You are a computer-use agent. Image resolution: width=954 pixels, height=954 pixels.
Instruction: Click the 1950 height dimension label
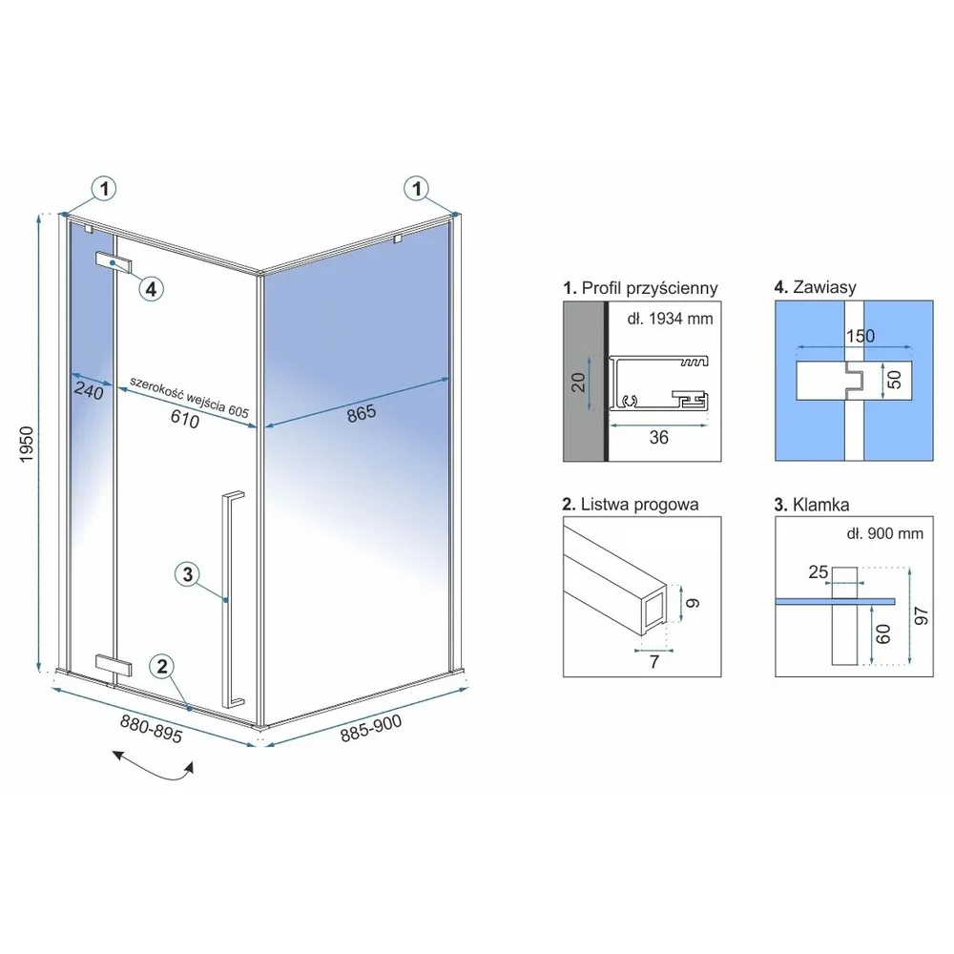(26, 445)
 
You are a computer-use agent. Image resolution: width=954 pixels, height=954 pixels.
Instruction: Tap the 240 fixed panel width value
(89, 390)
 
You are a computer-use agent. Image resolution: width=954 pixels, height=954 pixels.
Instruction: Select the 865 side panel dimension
(362, 414)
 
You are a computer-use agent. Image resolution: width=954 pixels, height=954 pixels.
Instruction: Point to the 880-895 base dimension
(151, 729)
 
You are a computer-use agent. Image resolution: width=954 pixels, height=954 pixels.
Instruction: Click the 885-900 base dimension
(370, 728)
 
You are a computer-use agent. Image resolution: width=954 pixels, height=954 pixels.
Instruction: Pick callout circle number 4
(152, 288)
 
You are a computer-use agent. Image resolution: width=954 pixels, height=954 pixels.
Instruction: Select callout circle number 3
(187, 573)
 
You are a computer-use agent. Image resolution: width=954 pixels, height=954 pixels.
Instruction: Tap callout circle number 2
(162, 666)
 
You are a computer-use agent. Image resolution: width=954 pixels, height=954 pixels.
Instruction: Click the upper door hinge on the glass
(114, 262)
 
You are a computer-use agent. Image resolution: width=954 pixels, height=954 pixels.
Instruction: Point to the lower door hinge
(114, 665)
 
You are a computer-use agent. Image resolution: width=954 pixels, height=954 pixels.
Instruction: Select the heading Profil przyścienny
(640, 288)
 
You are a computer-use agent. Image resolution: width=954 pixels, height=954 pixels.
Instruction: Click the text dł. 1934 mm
(670, 319)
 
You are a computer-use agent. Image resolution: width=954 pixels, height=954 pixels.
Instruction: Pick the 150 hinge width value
(861, 336)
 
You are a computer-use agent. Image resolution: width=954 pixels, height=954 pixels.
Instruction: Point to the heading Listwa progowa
(631, 505)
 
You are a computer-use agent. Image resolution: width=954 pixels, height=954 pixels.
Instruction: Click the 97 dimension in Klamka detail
(922, 615)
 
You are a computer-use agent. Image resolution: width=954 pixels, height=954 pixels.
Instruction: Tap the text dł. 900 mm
(884, 533)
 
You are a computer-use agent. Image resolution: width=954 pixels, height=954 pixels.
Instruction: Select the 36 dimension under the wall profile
(659, 438)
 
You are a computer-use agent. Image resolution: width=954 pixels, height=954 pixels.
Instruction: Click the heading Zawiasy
(816, 286)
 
